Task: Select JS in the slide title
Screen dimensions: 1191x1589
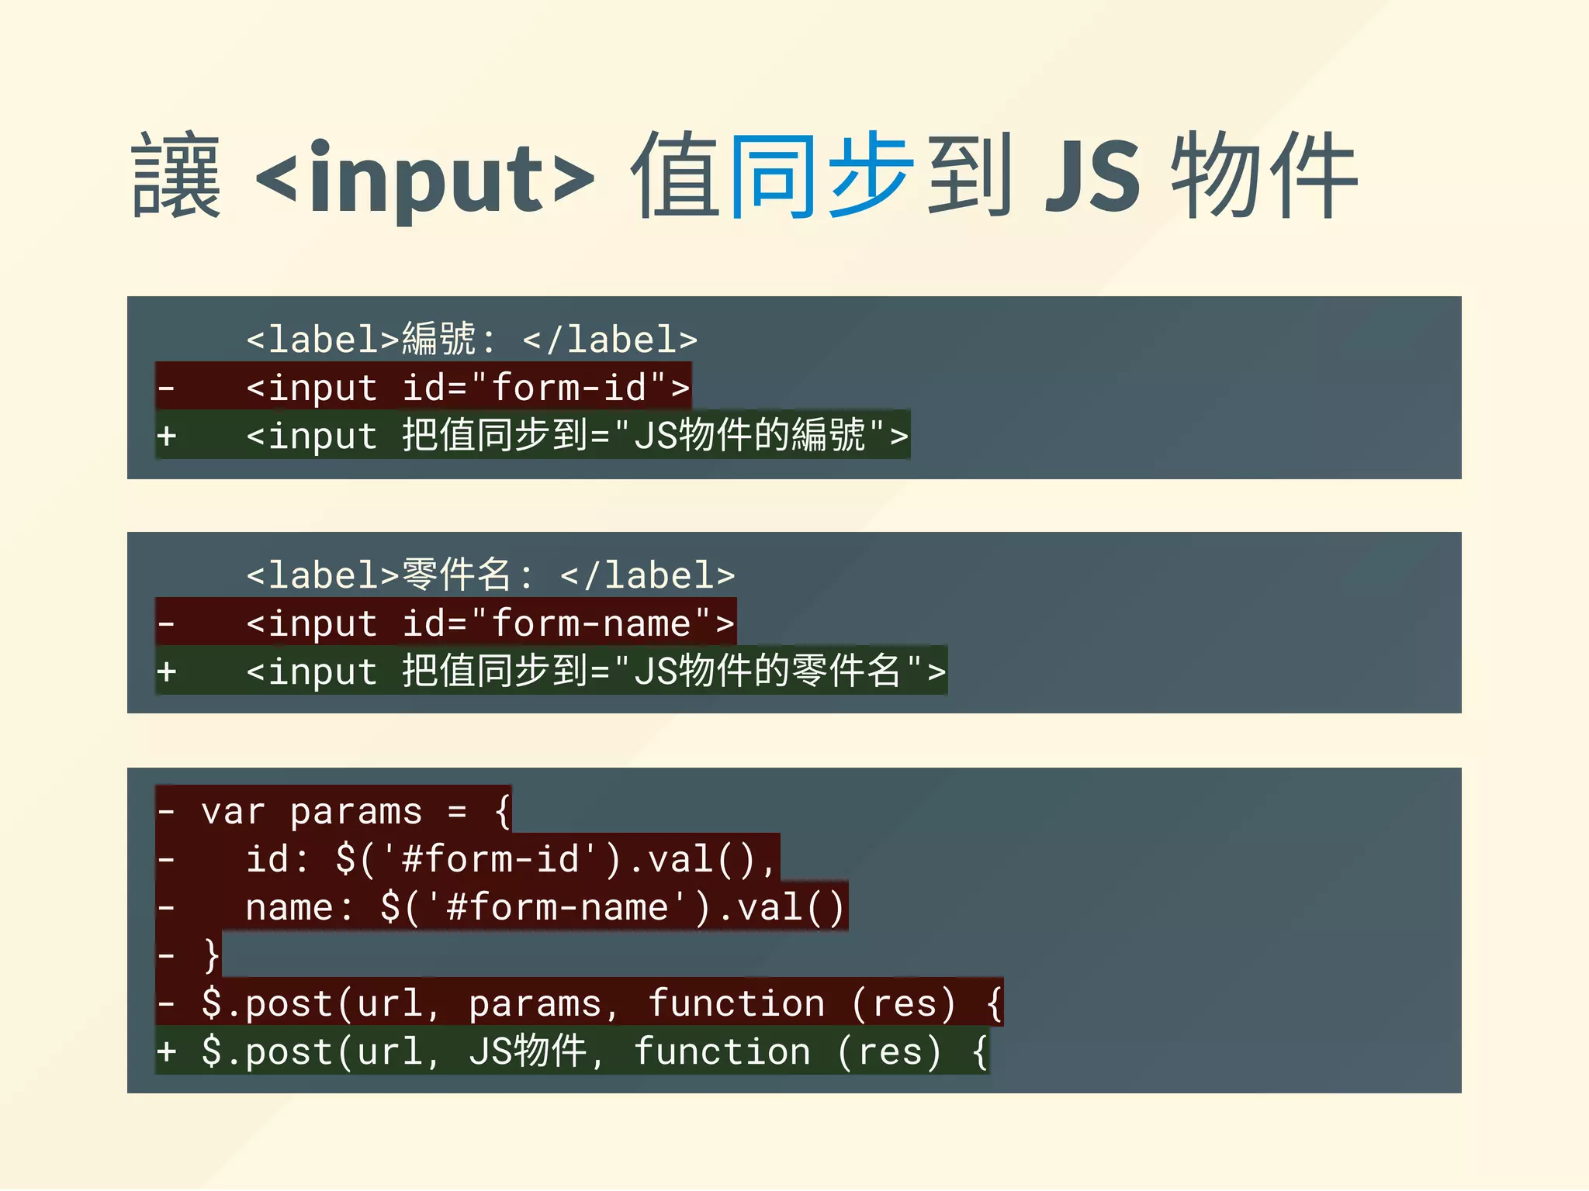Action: click(1092, 177)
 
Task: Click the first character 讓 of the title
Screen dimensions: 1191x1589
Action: click(177, 177)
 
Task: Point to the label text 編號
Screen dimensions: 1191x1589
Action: click(439, 340)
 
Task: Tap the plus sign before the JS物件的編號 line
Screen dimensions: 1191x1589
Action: click(167, 436)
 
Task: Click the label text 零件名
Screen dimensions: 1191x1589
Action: click(457, 575)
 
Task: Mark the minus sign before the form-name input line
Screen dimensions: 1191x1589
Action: click(167, 623)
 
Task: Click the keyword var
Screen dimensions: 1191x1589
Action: click(233, 812)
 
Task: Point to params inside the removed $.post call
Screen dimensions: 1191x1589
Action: click(535, 1004)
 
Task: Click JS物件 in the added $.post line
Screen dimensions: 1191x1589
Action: click(528, 1052)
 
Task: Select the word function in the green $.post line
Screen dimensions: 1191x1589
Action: click(722, 1052)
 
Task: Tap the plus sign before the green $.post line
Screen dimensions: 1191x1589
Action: click(167, 1052)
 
